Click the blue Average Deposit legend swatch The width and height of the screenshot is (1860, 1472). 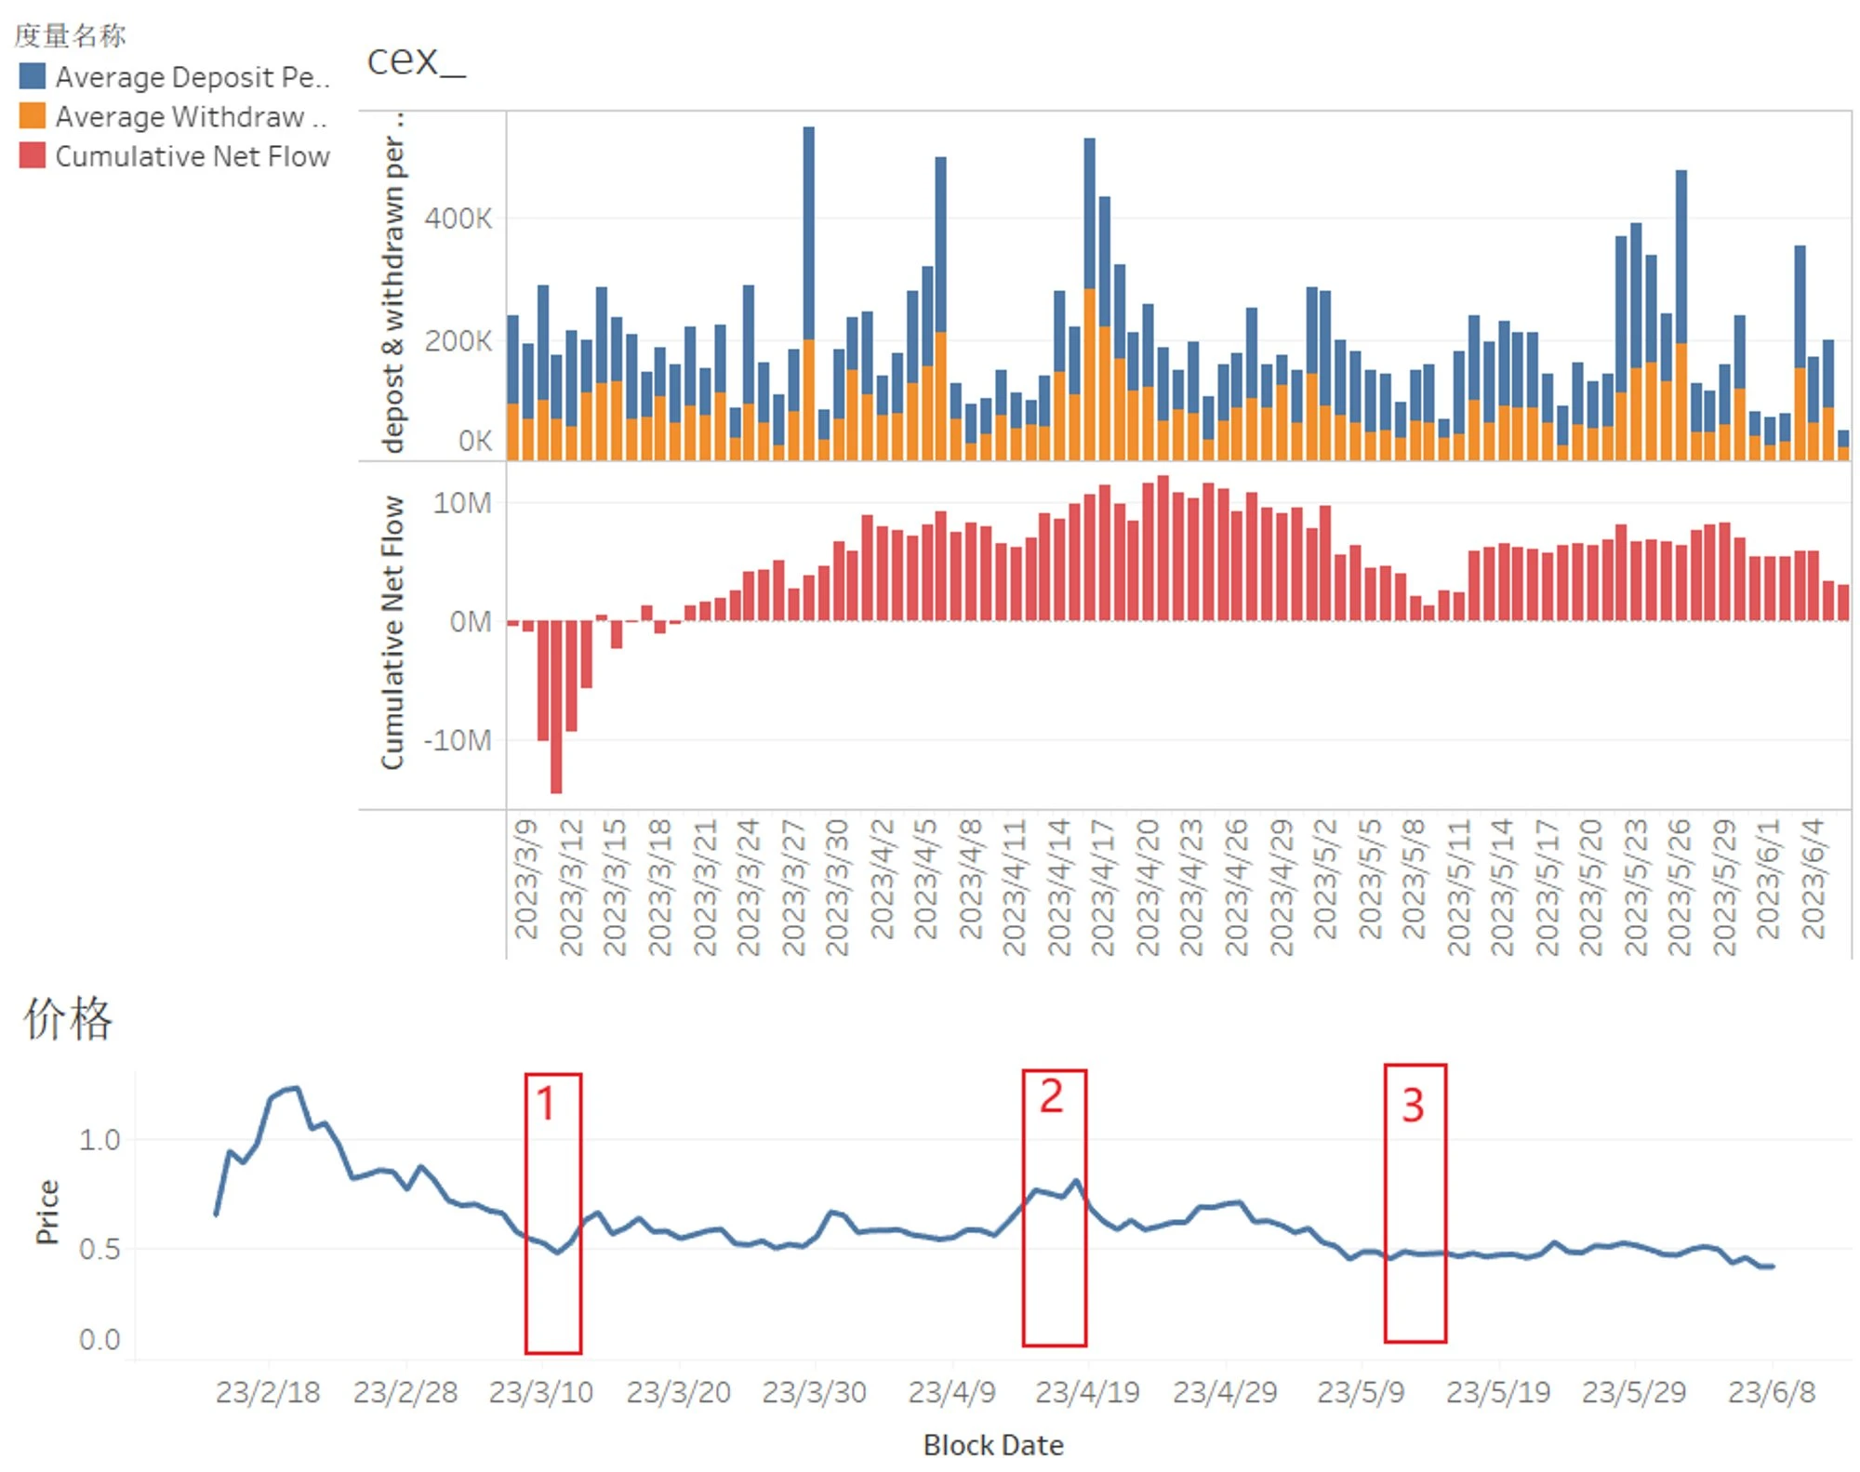(33, 76)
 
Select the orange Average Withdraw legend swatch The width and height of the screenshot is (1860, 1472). (33, 116)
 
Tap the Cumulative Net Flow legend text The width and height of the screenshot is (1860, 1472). (193, 156)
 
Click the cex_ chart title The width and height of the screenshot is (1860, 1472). (416, 60)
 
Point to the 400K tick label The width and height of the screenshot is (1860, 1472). (458, 219)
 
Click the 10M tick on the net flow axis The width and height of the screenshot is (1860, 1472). (461, 503)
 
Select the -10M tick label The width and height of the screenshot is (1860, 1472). (457, 740)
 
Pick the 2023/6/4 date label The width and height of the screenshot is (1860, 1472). (1813, 879)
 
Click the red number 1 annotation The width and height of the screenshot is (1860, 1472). (546, 1104)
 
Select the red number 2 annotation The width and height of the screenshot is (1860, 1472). (1051, 1096)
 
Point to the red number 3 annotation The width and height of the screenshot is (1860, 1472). (1413, 1105)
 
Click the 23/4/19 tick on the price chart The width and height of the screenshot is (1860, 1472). (1087, 1392)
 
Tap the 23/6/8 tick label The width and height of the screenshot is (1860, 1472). (1771, 1392)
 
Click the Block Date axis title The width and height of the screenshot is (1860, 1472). (993, 1445)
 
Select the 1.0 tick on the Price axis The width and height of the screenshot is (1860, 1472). (100, 1140)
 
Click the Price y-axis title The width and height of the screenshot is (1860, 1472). (47, 1212)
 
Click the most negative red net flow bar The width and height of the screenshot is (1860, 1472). (556, 707)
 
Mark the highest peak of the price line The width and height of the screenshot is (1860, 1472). (296, 1087)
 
